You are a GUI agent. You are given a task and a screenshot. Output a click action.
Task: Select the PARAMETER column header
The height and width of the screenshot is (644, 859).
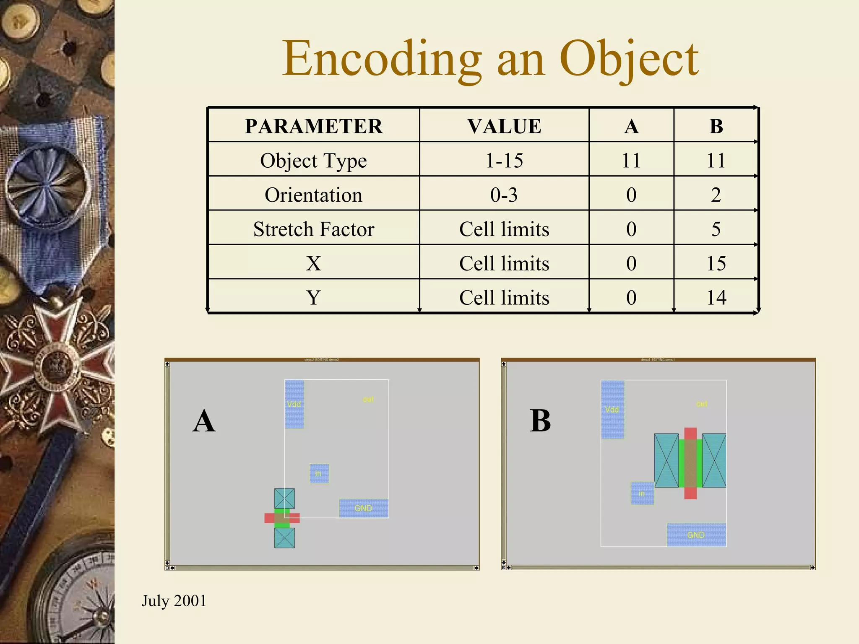coord(314,126)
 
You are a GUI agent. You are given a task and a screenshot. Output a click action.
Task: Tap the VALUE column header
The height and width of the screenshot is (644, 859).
coord(504,126)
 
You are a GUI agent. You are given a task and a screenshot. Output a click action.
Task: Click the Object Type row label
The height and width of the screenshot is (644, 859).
coord(313,161)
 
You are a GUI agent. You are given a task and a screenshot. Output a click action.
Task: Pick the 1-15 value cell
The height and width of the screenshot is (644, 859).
coord(504,161)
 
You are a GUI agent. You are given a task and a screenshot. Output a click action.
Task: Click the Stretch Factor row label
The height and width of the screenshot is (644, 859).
coord(313,229)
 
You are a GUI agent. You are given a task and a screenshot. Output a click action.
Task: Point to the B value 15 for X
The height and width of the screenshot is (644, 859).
coord(716,263)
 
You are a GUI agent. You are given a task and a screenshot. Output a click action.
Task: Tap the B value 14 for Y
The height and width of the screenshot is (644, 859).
coord(716,298)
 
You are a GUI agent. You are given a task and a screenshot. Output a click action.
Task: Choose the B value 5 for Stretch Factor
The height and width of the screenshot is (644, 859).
coord(716,229)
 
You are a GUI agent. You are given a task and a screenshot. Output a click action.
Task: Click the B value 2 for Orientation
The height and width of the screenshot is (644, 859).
coord(716,195)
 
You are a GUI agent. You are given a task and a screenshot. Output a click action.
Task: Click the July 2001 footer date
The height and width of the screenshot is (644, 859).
coord(174,601)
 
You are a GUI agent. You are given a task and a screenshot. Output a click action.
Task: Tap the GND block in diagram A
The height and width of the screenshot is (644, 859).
coord(364,508)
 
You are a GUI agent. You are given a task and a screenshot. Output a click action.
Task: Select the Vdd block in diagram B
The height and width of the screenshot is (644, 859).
coord(612,410)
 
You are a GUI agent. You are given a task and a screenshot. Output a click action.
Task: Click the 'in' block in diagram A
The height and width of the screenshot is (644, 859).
coord(319,473)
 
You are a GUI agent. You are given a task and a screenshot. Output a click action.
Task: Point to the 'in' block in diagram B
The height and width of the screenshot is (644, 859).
coord(642,493)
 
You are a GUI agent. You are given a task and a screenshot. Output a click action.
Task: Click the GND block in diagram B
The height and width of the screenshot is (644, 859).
coord(696,535)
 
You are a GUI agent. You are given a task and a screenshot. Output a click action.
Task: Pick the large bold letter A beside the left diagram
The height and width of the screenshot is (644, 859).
coord(204,421)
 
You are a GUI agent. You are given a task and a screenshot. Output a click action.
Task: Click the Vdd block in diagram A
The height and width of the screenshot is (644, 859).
coord(294,404)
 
